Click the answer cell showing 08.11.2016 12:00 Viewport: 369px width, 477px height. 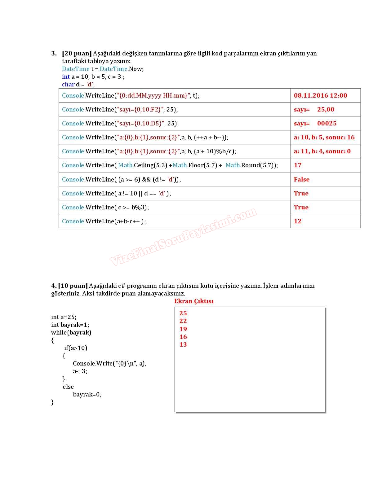click(x=320, y=95)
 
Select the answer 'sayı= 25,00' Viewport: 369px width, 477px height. click(x=314, y=109)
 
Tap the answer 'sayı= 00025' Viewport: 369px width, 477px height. click(x=315, y=123)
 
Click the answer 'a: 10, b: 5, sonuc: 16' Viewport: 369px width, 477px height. click(x=324, y=137)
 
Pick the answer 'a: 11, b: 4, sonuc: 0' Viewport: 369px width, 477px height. click(x=322, y=151)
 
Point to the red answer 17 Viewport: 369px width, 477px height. click(x=298, y=165)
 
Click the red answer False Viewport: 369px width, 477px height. click(x=301, y=179)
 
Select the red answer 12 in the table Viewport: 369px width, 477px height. click(x=298, y=221)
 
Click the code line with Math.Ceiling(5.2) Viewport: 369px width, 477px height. click(x=170, y=165)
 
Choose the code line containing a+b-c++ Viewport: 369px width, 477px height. click(x=104, y=221)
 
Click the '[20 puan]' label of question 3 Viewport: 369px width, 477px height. click(x=77, y=53)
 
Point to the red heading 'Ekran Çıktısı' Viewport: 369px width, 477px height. click(x=194, y=301)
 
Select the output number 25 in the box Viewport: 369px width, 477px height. click(x=183, y=313)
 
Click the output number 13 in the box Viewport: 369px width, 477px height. click(x=183, y=344)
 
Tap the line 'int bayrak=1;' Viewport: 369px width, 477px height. click(x=70, y=325)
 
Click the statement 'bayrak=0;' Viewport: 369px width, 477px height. click(x=87, y=394)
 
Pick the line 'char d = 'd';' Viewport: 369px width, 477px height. click(x=78, y=84)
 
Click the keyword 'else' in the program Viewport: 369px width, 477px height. click(x=68, y=387)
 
